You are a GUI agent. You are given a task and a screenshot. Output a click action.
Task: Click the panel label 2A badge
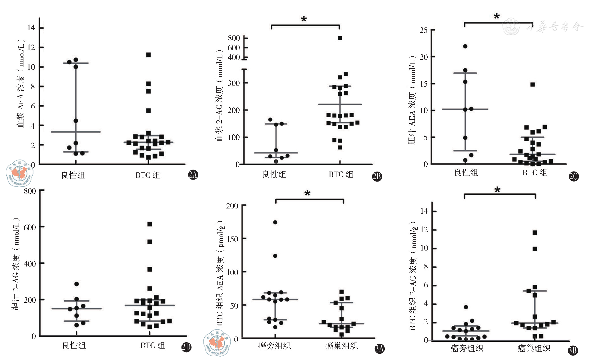(193, 175)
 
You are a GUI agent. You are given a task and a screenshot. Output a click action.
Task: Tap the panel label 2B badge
(377, 176)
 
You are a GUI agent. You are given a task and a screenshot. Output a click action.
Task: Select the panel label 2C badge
(573, 176)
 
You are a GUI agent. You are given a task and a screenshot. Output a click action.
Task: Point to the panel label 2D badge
(186, 347)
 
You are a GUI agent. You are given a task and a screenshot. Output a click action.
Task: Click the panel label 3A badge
(379, 348)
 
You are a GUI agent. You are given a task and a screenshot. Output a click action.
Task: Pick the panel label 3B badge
(573, 350)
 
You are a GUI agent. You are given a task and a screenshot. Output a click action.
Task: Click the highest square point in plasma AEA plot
(148, 55)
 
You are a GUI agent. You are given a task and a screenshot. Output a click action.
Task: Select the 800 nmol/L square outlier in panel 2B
(340, 38)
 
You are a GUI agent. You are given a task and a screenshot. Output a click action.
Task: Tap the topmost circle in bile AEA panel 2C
(465, 46)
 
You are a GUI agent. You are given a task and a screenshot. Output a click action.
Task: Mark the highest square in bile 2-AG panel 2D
(149, 224)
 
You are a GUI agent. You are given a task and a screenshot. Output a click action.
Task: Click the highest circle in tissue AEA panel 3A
(275, 222)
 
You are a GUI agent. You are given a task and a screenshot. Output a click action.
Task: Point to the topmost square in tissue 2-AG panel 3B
(535, 233)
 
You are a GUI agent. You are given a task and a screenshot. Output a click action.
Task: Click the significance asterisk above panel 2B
(304, 19)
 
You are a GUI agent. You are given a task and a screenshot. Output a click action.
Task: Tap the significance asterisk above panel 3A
(307, 193)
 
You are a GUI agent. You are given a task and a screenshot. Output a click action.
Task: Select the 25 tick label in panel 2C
(424, 30)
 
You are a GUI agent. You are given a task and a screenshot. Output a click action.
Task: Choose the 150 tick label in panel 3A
(232, 239)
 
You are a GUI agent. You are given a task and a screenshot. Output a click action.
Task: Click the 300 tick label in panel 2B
(234, 83)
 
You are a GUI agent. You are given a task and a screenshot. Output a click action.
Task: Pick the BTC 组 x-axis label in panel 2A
(148, 175)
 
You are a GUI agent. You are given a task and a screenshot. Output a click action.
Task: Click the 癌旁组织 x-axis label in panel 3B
(467, 348)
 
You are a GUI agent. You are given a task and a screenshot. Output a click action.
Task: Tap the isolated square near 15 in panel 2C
(533, 85)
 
